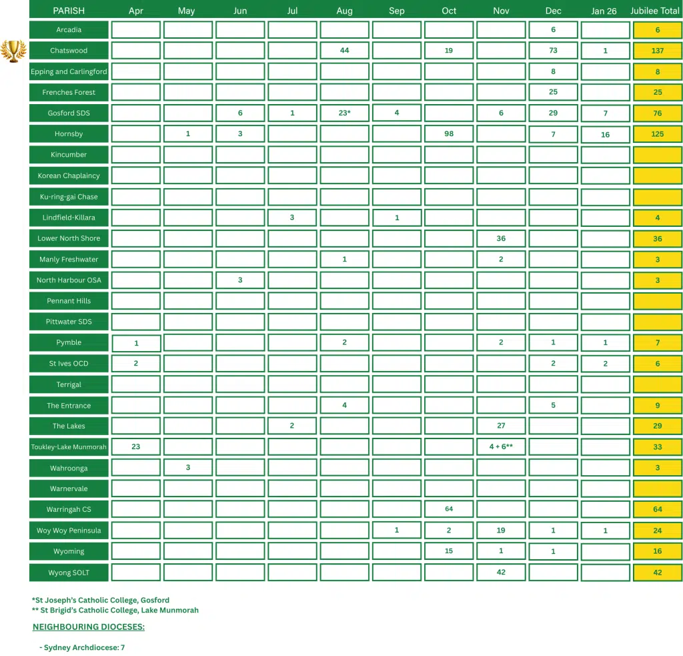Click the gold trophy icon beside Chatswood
click(13, 51)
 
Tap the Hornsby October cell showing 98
click(449, 134)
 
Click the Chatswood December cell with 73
click(553, 51)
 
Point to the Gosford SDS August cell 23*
click(344, 113)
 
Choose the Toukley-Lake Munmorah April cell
click(136, 447)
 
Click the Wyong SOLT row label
click(69, 573)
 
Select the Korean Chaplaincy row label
click(69, 176)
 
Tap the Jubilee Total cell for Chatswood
click(658, 51)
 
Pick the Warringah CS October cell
click(449, 509)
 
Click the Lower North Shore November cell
click(501, 238)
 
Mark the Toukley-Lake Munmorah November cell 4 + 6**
click(501, 447)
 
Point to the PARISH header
click(69, 11)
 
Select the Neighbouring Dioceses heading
click(89, 627)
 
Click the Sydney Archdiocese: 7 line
click(82, 648)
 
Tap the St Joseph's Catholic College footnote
click(100, 600)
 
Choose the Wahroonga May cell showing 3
click(188, 468)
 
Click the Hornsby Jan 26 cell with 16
click(605, 134)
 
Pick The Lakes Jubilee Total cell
click(658, 426)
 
